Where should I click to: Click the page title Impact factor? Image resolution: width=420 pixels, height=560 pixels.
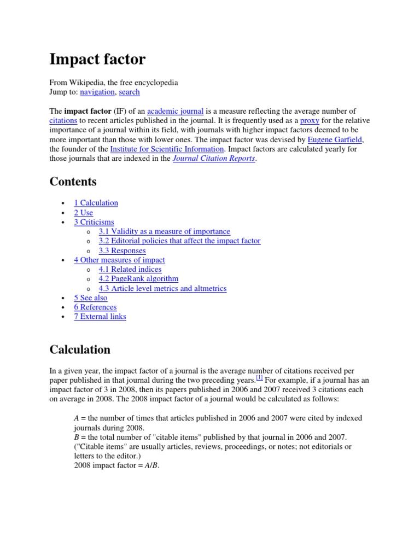[x=97, y=59]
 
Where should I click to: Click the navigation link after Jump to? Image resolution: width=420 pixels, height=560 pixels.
[x=97, y=92]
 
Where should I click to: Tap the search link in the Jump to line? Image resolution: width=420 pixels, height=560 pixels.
[x=129, y=92]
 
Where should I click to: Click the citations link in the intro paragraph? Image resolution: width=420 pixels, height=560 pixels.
[x=63, y=120]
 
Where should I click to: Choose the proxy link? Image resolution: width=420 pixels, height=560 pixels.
[x=310, y=120]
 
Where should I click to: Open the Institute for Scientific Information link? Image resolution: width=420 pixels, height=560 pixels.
[x=167, y=149]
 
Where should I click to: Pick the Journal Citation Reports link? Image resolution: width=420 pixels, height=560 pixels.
[x=214, y=159]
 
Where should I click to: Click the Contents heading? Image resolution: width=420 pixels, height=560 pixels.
[x=73, y=182]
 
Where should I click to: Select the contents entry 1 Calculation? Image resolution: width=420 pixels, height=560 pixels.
[x=96, y=203]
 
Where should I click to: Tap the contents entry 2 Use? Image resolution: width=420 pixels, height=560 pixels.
[x=83, y=213]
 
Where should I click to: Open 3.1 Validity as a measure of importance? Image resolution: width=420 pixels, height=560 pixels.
[x=164, y=231]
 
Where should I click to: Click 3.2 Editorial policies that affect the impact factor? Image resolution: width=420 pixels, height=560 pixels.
[x=179, y=241]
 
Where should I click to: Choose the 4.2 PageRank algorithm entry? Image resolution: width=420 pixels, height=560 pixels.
[x=138, y=279]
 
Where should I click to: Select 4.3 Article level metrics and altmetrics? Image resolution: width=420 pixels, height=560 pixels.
[x=162, y=288]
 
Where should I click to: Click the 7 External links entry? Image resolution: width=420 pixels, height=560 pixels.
[x=100, y=317]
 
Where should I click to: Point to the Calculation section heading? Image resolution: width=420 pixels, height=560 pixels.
[x=80, y=349]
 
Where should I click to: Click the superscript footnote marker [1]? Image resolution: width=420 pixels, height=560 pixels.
[x=259, y=377]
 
